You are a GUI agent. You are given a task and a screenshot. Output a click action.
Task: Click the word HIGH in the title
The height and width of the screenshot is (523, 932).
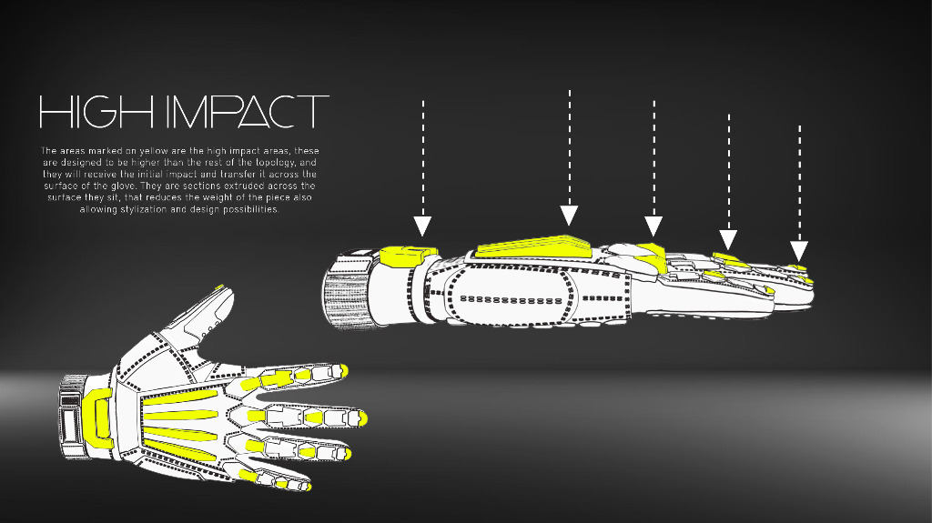[96, 112]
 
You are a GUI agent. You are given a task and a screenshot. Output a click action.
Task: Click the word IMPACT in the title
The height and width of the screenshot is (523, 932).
[247, 112]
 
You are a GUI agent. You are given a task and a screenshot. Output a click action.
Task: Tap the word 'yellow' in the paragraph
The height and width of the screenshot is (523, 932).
[153, 151]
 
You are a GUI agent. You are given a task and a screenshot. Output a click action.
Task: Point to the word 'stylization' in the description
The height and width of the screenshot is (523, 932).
[144, 209]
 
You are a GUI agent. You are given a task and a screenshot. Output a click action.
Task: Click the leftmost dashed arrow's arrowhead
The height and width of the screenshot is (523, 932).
[422, 226]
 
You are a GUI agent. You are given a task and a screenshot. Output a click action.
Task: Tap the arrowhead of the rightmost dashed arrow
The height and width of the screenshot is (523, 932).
[799, 251]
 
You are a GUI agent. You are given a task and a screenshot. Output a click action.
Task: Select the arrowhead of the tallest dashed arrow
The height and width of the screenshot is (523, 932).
[570, 216]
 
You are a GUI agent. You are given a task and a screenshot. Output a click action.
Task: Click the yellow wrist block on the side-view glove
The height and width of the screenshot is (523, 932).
[408, 256]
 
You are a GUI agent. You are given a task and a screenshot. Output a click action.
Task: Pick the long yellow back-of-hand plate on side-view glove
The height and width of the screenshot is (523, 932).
[533, 246]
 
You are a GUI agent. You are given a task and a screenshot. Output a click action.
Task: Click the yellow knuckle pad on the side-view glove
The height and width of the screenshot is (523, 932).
[652, 255]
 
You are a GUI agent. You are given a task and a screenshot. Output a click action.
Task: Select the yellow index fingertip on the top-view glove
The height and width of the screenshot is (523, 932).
[343, 370]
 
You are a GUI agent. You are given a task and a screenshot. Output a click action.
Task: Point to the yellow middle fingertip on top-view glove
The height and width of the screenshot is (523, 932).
[362, 418]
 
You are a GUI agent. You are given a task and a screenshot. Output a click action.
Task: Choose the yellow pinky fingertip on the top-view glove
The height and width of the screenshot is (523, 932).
[308, 488]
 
